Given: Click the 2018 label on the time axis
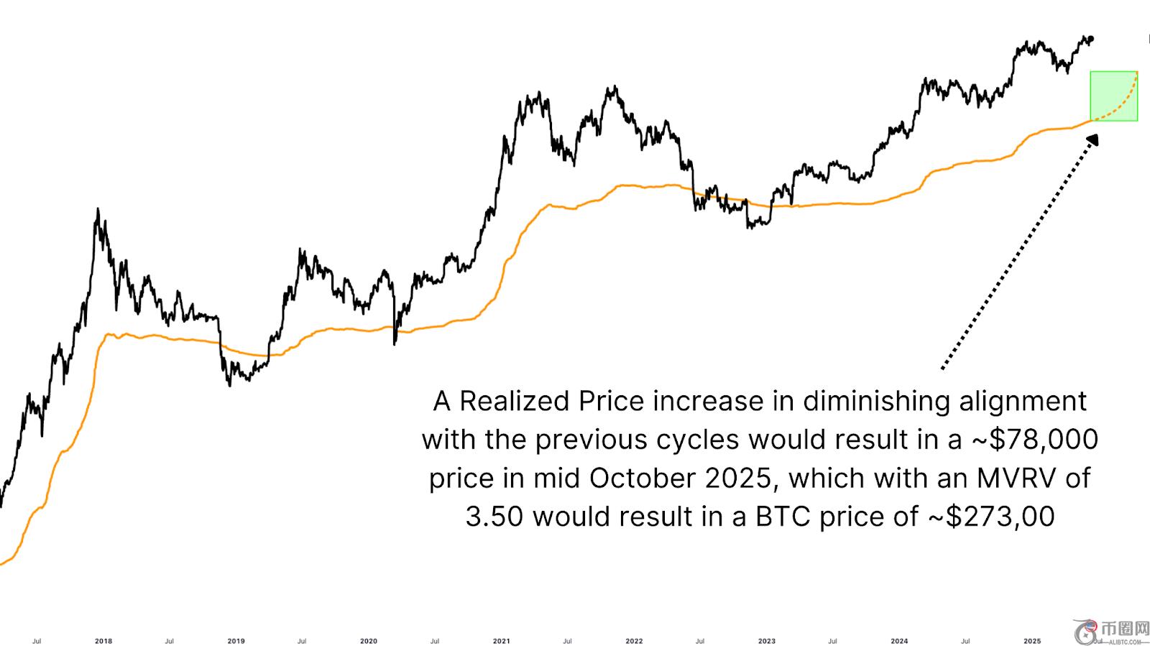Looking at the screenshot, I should point(103,641).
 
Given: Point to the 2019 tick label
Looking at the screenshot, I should point(236,641).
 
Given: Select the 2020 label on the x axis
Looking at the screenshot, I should point(368,641).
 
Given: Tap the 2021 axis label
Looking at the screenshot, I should point(502,641).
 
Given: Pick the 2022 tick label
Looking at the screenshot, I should point(634,641).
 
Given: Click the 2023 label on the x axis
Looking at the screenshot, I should point(767,641).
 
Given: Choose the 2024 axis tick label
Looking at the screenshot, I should point(899,641).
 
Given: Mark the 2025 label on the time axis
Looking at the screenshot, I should point(1032,641).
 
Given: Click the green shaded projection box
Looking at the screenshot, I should point(1113,96).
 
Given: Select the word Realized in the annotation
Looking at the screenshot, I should point(515,401).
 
